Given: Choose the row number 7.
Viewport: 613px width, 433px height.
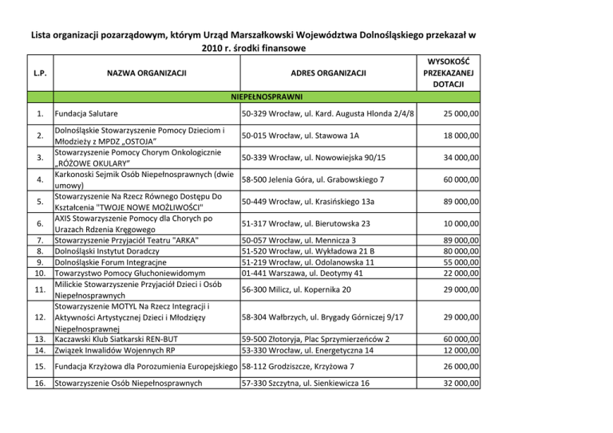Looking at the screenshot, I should [38, 240].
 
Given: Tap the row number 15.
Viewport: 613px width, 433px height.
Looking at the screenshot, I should [38, 366].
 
